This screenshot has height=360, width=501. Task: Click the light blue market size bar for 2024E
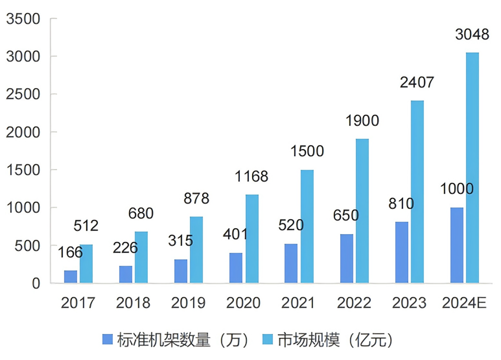[x=472, y=167]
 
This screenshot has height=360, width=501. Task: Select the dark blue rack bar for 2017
[x=71, y=277]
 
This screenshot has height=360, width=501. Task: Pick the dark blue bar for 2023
[x=402, y=252]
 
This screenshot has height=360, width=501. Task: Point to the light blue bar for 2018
[x=141, y=257]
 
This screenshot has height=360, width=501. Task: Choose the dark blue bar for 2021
[x=291, y=264]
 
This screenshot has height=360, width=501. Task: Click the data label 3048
[x=472, y=35]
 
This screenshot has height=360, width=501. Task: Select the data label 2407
[x=417, y=83]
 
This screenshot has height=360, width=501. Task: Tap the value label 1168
[x=251, y=177]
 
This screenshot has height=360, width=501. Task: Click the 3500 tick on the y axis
[x=23, y=19]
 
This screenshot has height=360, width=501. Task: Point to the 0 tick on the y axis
[x=36, y=284]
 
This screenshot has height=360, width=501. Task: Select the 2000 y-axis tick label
[x=23, y=132]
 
